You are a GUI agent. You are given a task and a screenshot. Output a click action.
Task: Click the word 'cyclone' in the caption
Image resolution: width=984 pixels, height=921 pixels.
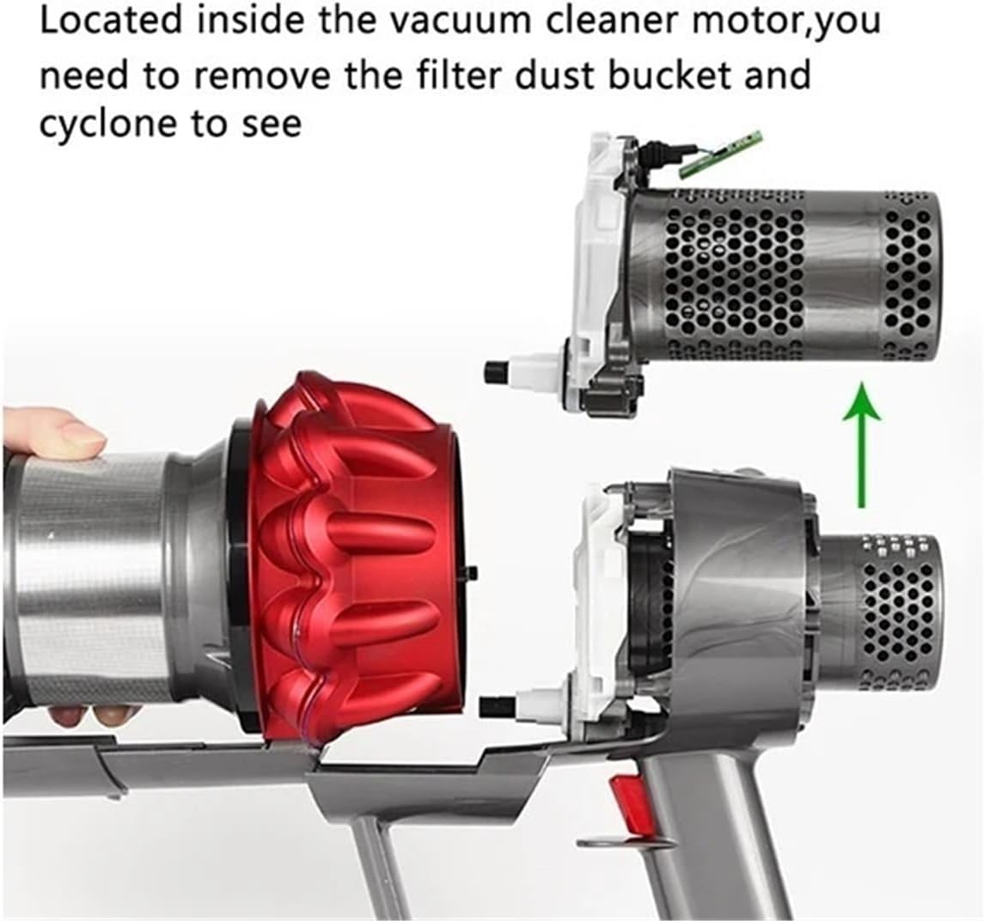[x=105, y=125]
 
